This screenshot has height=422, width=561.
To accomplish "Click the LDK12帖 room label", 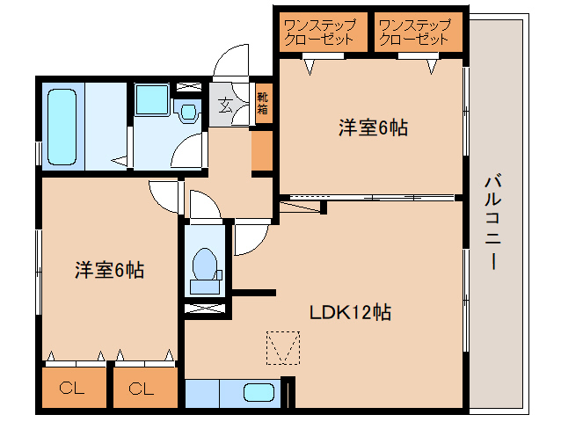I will pos(349,311).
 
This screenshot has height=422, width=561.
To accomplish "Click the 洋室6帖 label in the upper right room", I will pos(373,127).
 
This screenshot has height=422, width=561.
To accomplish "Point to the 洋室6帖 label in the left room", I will pos(108,270).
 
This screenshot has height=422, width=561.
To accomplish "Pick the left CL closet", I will pos(72,387).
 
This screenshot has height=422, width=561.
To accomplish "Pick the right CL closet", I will pos(142,387).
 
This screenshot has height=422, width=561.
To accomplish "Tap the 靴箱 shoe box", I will pos(263,105).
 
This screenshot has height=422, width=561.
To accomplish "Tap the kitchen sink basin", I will pos(258,393).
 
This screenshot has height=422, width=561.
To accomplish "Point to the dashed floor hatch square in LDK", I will pos(282,347).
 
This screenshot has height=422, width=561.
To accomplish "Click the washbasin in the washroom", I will pos(186,111).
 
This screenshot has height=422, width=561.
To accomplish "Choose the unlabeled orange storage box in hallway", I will pos(262,151).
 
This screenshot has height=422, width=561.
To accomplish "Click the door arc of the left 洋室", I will pos(164,195).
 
